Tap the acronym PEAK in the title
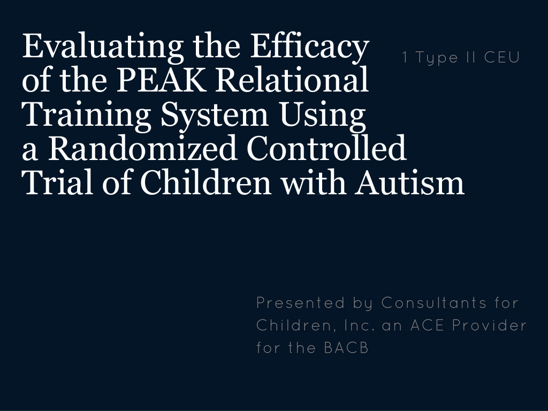point(161,80)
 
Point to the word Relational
point(292,79)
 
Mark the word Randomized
point(142,148)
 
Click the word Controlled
point(326,148)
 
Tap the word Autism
point(409,182)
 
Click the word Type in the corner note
point(437,58)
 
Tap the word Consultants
point(433,303)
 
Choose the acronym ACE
point(427,325)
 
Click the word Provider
point(489,325)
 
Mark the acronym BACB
point(346,348)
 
